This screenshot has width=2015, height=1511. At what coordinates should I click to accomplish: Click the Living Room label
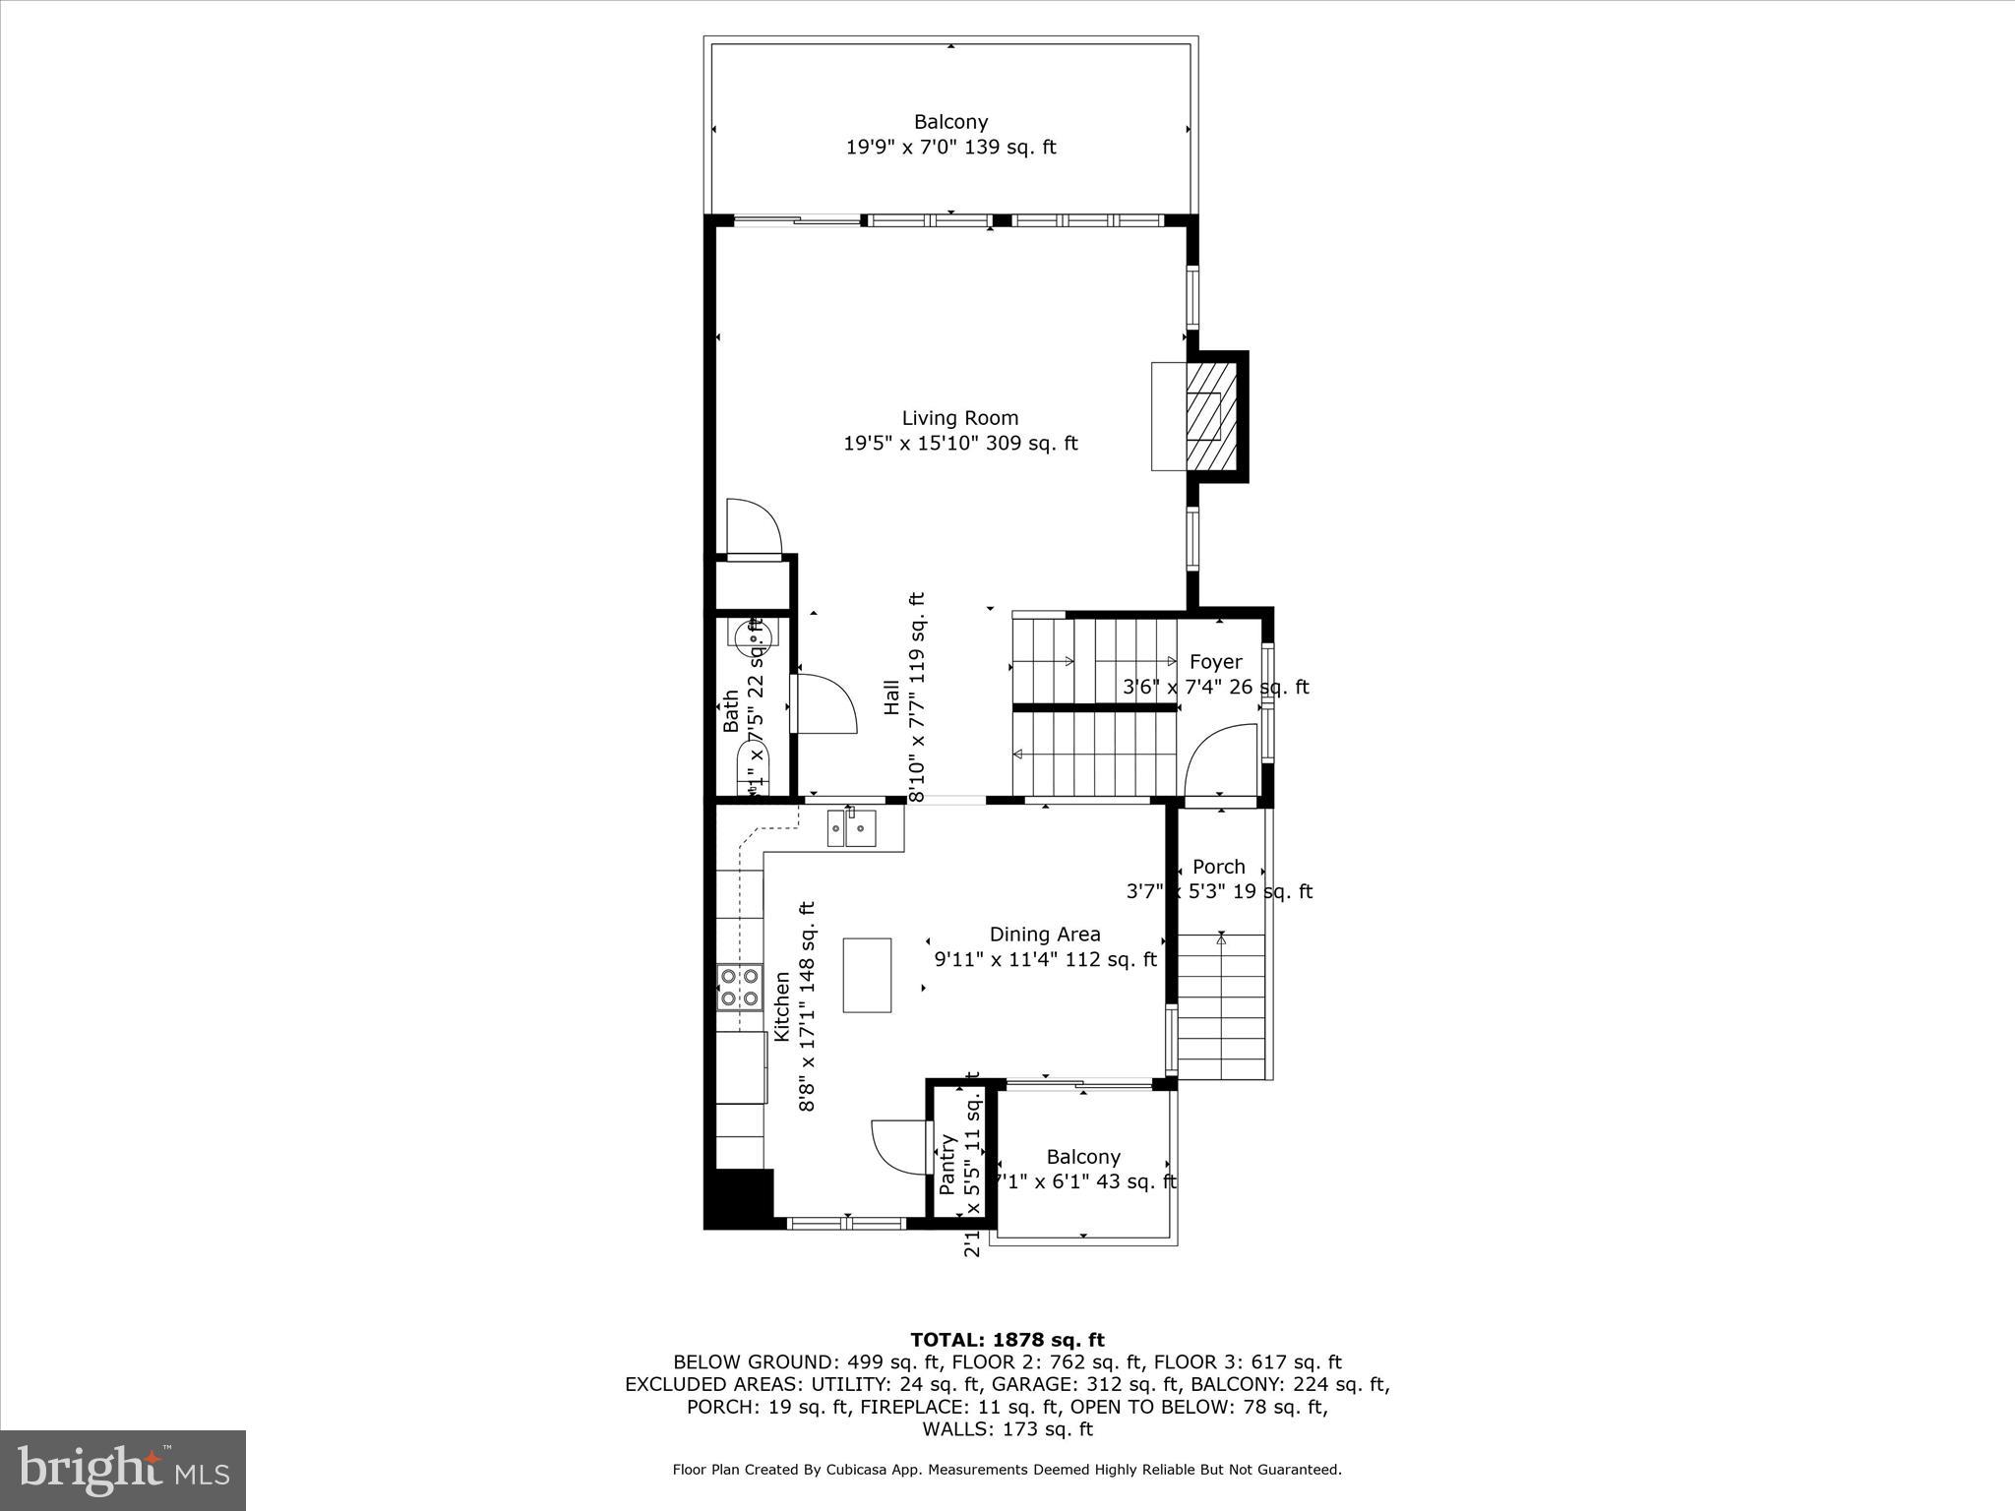pos(959,418)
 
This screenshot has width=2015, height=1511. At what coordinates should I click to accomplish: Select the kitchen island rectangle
pos(867,975)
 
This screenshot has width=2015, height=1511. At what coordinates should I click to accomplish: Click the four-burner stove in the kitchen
pos(739,987)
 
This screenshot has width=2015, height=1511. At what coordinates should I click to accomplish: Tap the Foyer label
pos(1215,662)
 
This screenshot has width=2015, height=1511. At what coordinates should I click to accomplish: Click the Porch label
pos(1218,867)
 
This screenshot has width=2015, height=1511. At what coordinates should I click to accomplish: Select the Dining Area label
pos(1044,935)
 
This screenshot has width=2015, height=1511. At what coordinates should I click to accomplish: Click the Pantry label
pos(947,1165)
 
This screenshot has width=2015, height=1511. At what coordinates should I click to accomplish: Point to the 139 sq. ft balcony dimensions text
pos(950,148)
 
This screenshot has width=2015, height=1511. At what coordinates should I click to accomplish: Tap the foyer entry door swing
pos(1220,758)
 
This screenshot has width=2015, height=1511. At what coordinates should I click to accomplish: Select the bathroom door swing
pos(824,703)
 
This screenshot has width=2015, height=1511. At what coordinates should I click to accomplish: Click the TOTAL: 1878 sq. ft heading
pos(1007,1340)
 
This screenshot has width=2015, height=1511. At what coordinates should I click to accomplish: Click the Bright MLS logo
pos(123,1470)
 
